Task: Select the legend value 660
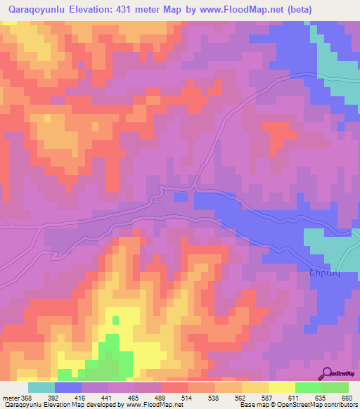346,396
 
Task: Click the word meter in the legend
10,396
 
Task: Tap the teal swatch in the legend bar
41,387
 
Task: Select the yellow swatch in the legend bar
281,387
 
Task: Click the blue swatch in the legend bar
68,387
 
